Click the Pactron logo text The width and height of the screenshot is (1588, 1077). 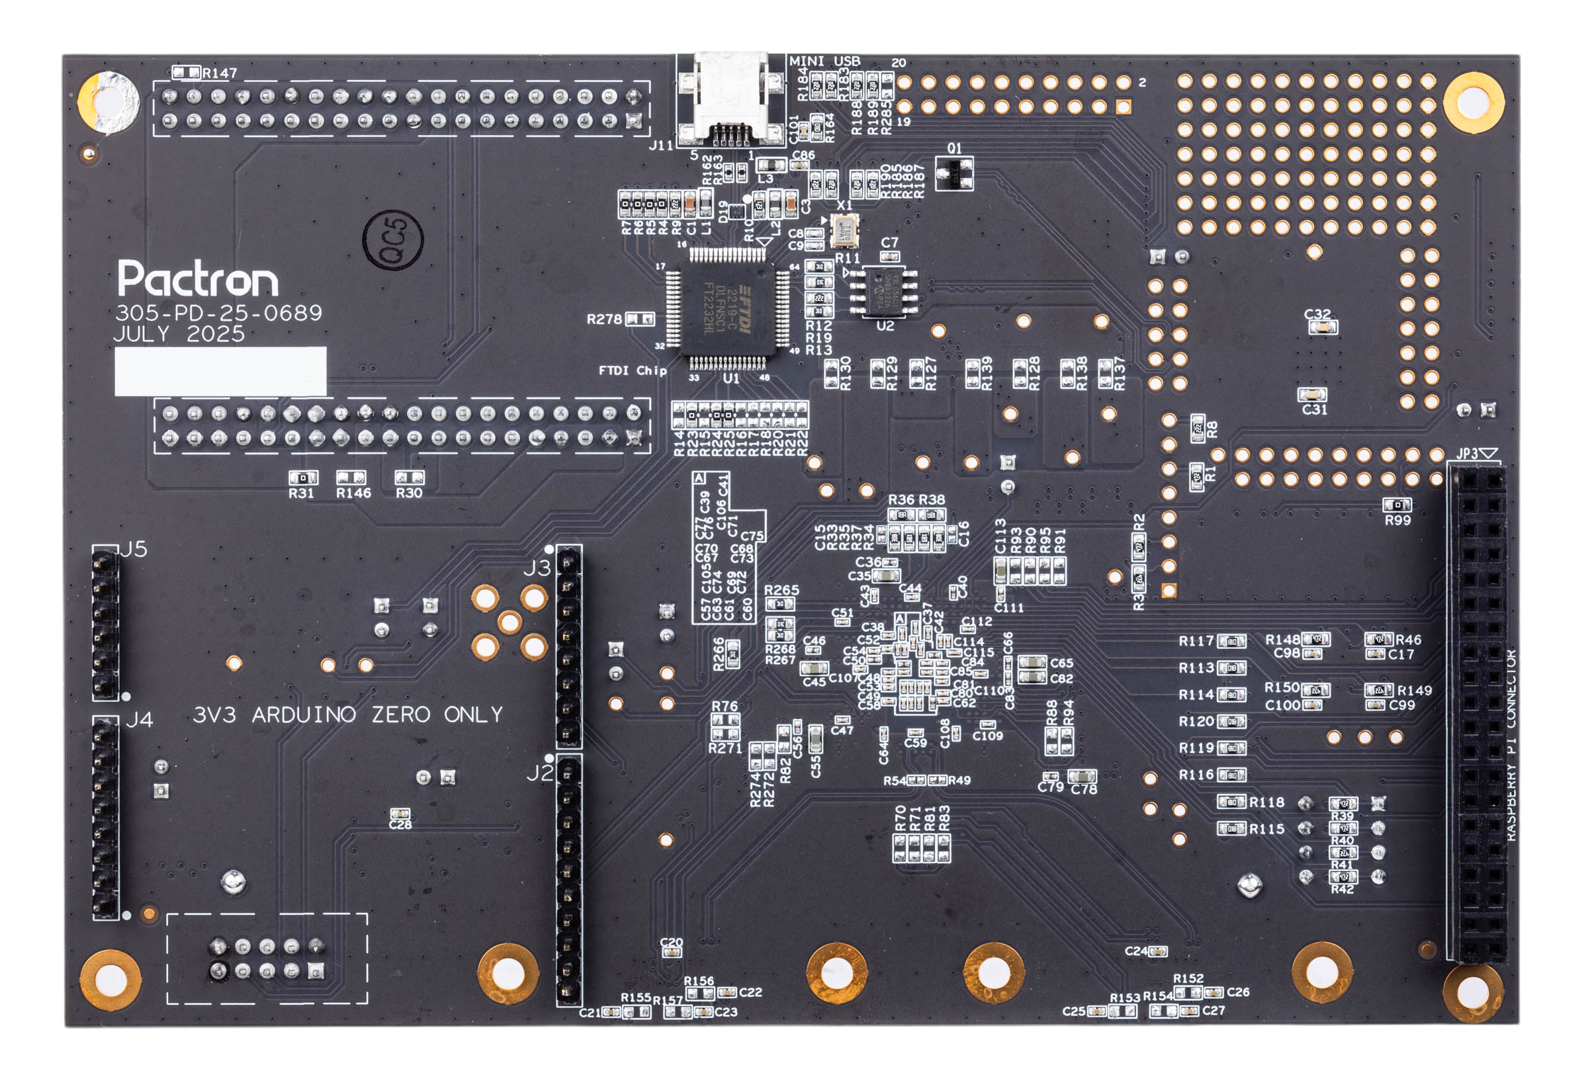coord(197,278)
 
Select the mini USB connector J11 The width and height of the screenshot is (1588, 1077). coord(730,99)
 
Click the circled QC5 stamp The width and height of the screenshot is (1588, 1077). coord(394,239)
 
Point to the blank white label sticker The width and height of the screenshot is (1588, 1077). coord(220,371)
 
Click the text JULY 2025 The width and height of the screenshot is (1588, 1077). coord(179,334)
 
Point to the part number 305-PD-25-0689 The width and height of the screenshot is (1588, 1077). coord(218,313)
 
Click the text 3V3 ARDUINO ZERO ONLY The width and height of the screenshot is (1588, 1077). coord(348,715)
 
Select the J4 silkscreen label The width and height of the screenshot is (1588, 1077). coord(140,720)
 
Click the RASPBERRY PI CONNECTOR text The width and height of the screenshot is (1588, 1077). coord(1511,745)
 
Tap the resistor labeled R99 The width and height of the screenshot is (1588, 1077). coord(1397,505)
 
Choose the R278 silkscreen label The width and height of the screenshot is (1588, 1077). coord(604,319)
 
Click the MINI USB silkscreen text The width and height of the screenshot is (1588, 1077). coord(824,61)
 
